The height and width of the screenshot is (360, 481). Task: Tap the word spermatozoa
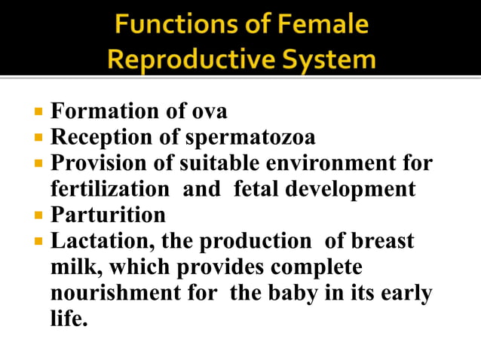pyautogui.click(x=250, y=138)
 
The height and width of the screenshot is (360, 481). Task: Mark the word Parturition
pyautogui.click(x=108, y=215)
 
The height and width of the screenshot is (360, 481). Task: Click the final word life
pyautogui.click(x=69, y=318)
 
